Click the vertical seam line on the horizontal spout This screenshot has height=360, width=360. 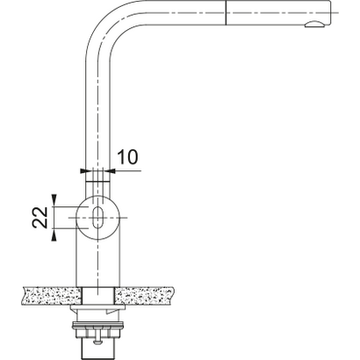click(x=228, y=14)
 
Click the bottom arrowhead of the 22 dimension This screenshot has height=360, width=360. click(x=56, y=232)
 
